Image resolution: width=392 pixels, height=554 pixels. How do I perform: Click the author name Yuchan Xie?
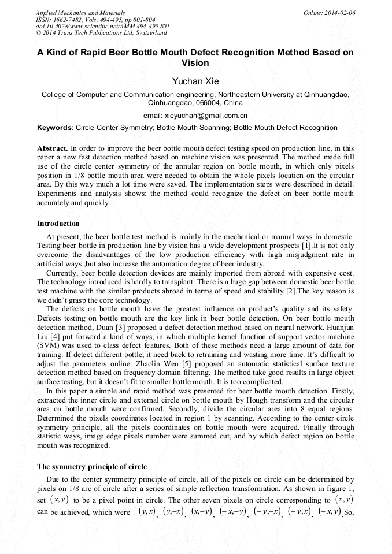(196, 81)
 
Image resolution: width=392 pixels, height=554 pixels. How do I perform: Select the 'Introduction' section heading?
(58, 224)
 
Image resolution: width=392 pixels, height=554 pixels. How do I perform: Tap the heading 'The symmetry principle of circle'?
(92, 467)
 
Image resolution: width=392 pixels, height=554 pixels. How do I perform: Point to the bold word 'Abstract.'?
(53, 148)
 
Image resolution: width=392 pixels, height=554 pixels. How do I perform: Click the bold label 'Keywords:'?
(56, 128)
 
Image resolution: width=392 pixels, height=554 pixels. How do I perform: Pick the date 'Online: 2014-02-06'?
(329, 13)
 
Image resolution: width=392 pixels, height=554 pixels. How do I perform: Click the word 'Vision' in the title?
(195, 63)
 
